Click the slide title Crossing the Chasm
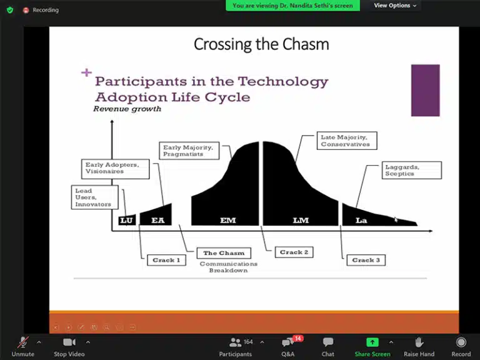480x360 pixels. (261, 44)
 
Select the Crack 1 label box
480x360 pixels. (166, 260)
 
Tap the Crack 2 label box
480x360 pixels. (294, 252)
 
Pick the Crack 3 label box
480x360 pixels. (366, 260)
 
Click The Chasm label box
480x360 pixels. (223, 253)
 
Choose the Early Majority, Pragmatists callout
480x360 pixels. (188, 151)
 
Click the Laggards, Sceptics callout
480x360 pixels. (412, 170)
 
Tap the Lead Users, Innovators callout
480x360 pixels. (93, 197)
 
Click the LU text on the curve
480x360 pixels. (127, 220)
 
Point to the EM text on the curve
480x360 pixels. (228, 220)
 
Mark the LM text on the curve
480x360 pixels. (301, 220)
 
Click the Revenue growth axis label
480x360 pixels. (127, 109)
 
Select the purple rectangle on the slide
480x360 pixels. (425, 90)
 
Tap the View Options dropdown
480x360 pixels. (395, 6)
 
